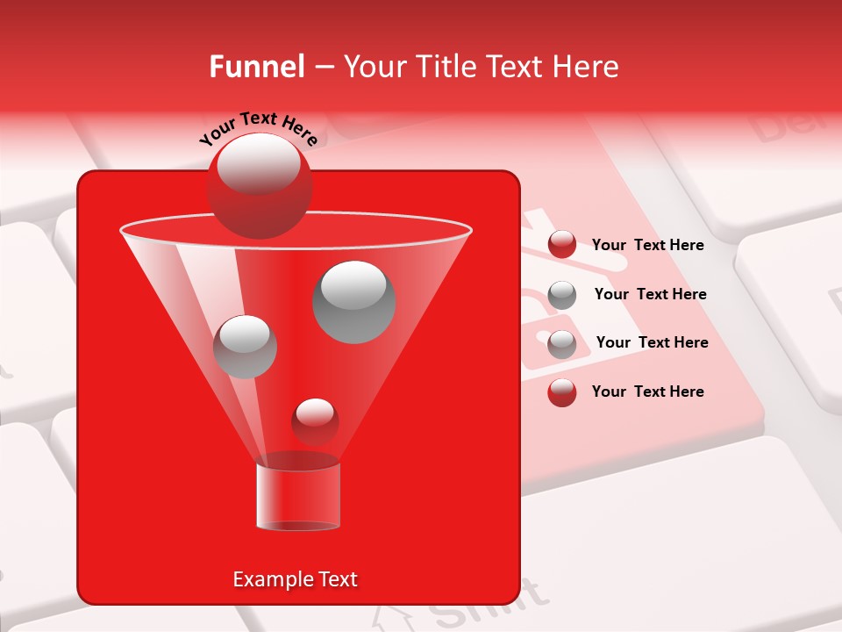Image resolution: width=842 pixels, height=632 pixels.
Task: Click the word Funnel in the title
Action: [x=257, y=67]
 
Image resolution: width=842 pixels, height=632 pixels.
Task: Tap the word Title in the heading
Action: [x=445, y=67]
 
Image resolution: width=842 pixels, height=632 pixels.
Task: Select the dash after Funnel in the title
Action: [x=323, y=68]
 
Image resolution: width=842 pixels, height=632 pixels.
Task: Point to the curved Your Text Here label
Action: [x=258, y=127]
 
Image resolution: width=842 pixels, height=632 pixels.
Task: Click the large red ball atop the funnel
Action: [x=259, y=186]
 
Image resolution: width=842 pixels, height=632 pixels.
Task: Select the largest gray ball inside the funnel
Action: [x=354, y=301]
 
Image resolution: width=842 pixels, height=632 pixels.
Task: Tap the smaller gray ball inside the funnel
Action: [x=245, y=347]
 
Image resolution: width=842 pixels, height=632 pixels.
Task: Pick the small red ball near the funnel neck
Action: [x=315, y=422]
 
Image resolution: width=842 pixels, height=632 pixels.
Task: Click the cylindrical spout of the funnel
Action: [x=298, y=497]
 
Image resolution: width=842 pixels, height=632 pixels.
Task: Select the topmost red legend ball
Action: [x=562, y=245]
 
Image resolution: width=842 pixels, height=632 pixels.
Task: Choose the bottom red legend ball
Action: [x=562, y=392]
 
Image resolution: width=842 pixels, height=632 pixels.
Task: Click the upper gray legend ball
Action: [x=562, y=295]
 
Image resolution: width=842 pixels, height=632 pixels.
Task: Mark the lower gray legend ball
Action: [x=562, y=344]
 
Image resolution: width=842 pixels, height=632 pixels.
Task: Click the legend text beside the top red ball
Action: [x=647, y=245]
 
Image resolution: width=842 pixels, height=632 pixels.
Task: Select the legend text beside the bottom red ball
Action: [x=647, y=391]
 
